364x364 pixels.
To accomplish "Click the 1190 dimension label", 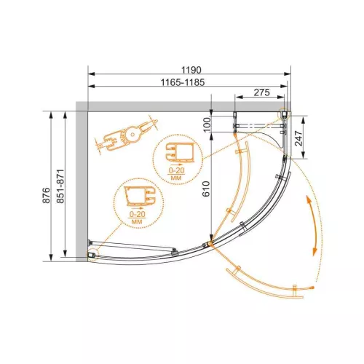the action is point(191,70).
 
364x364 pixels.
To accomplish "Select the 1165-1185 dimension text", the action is point(183,82).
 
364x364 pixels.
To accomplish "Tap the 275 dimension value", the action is point(261,92).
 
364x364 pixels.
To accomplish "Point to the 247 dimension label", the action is point(298,138).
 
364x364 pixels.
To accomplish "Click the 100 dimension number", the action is point(207,124).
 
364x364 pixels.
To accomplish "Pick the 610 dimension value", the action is point(206,189).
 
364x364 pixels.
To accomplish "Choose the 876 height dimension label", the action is point(46,195).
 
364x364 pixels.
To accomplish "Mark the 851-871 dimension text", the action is point(60,186).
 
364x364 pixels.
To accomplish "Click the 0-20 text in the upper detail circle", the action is point(177,170).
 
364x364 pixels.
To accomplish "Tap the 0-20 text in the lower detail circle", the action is point(138,214).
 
